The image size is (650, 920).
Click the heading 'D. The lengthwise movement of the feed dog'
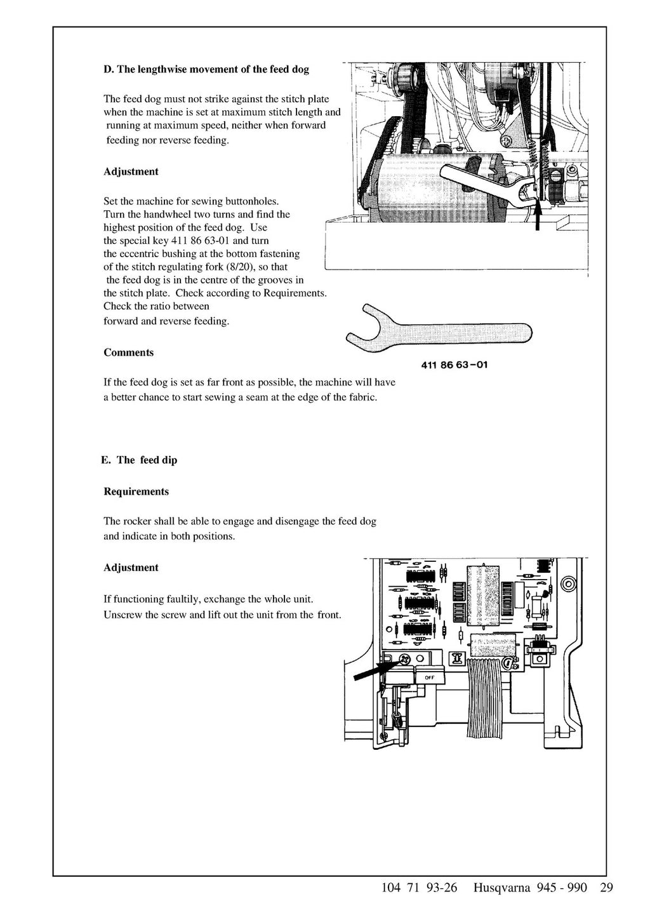pyautogui.click(x=206, y=69)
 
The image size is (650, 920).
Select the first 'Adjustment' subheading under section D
pyautogui.click(x=131, y=171)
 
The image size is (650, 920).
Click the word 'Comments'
pyautogui.click(x=128, y=352)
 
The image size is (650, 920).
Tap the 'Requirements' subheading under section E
pyautogui.click(x=136, y=491)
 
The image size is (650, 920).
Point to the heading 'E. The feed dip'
pyautogui.click(x=138, y=460)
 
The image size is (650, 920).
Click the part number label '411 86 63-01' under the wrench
pyautogui.click(x=454, y=365)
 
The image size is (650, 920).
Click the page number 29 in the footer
pyautogui.click(x=606, y=888)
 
